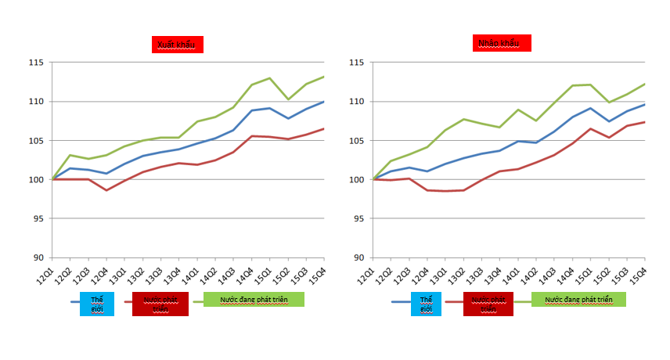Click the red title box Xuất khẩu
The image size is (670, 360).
click(x=178, y=45)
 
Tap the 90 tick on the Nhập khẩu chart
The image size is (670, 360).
click(x=359, y=257)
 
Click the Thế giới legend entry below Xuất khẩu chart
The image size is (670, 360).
click(x=97, y=304)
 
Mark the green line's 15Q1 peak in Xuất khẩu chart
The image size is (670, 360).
click(x=269, y=78)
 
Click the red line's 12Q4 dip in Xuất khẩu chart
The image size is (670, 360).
click(x=106, y=190)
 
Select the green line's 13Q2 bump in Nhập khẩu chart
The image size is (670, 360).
click(x=463, y=119)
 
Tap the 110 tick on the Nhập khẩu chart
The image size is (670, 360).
click(x=359, y=102)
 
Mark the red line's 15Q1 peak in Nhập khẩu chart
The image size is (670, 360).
click(x=591, y=128)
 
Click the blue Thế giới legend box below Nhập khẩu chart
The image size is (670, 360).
click(x=426, y=304)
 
